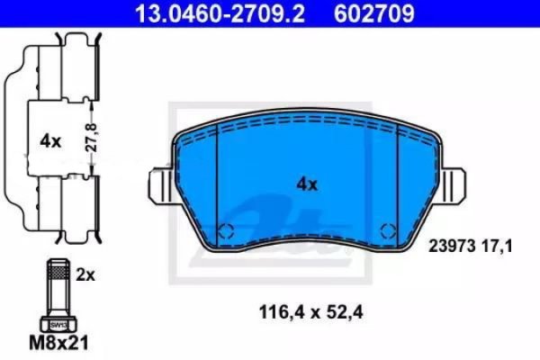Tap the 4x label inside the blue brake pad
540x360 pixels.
click(308, 184)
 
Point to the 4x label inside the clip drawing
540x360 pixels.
click(49, 140)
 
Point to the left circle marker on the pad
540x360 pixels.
click(228, 228)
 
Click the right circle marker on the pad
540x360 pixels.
click(388, 228)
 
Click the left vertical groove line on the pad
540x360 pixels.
click(219, 175)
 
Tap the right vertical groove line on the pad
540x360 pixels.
click(397, 175)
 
